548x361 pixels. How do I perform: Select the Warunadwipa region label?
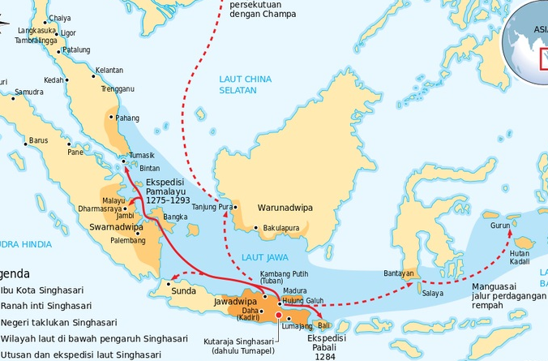(285, 208)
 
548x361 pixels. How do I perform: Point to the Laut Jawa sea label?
(263, 258)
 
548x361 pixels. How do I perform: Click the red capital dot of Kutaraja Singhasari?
(278, 315)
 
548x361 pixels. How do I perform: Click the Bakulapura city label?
(281, 228)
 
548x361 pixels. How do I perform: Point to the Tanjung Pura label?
(211, 207)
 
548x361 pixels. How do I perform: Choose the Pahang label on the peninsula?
(127, 118)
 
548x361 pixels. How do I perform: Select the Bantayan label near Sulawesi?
(398, 273)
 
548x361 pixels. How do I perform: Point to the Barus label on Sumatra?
(38, 140)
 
